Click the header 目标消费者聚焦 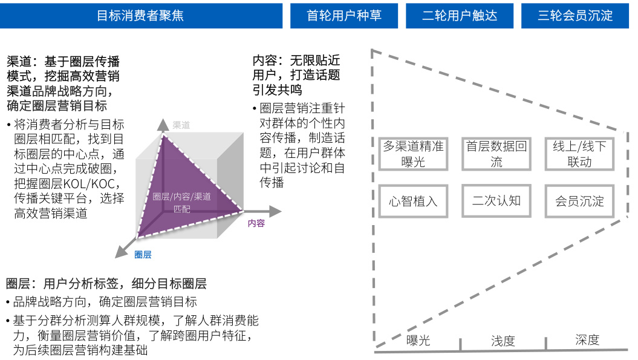point(140,16)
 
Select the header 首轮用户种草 point(345,16)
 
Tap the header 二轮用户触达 point(460,16)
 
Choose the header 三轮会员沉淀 point(575,16)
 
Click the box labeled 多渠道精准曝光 point(413,154)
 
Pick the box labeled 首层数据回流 point(496,154)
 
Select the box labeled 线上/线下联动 point(579,154)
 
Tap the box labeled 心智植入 point(413,201)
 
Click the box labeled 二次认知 point(496,200)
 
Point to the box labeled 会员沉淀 point(579,201)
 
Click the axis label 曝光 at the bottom point(418,340)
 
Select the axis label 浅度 point(503,341)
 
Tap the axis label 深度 point(587,340)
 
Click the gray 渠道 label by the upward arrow point(181,125)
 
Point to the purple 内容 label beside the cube point(256,223)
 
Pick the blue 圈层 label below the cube point(143,255)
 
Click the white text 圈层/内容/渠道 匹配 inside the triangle point(181,202)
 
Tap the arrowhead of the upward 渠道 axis point(162,124)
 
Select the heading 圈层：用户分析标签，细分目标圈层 point(106,284)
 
